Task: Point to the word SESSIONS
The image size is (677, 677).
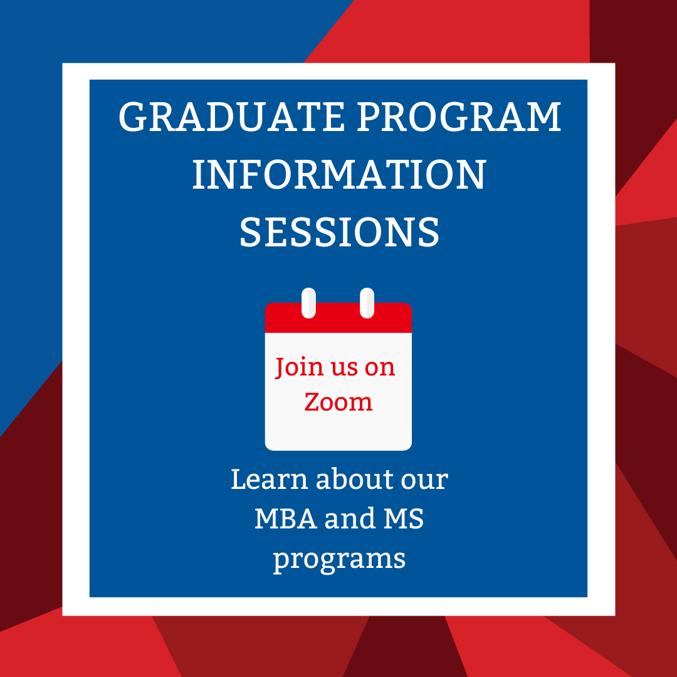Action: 339,231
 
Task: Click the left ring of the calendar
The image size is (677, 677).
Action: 308,303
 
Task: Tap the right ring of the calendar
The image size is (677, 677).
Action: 367,303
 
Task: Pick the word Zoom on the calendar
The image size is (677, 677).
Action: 338,402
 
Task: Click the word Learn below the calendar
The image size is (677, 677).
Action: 270,480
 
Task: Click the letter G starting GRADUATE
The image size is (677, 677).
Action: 134,117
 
